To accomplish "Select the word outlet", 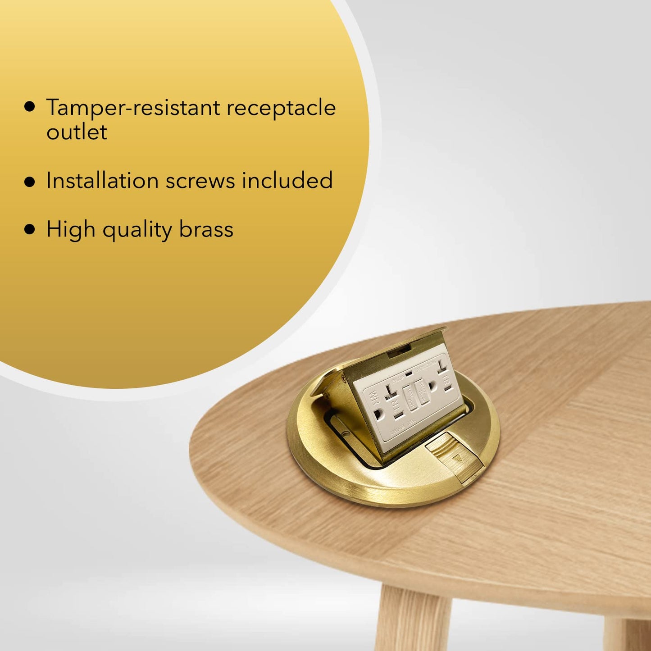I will click(x=77, y=132).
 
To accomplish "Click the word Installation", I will click(x=102, y=181).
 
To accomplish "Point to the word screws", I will click(x=200, y=181).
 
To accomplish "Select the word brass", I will click(x=206, y=229).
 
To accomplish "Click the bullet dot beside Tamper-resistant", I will click(x=30, y=107).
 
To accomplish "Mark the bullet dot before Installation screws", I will click(x=30, y=182).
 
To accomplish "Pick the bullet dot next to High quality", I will click(x=30, y=229).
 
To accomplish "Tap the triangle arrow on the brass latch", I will click(x=459, y=460).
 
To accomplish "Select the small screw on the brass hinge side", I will click(x=346, y=433).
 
